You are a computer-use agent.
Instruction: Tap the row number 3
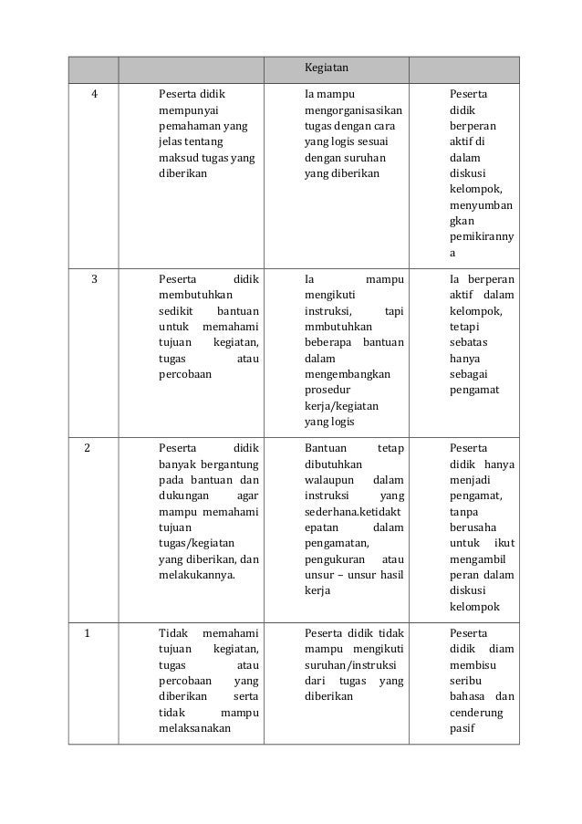click(96, 278)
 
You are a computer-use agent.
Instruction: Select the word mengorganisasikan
click(355, 110)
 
